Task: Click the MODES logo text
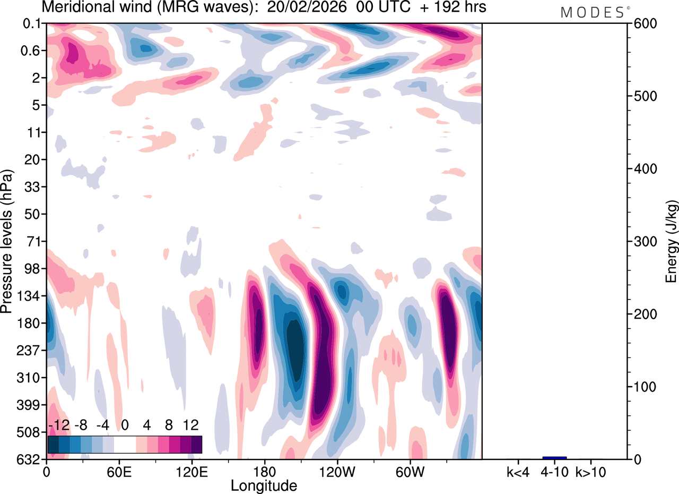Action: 592,13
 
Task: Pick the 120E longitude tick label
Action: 191,471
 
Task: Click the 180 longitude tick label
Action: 264,471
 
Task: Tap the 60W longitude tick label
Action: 410,471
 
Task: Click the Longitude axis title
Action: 264,485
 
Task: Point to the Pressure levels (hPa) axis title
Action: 7,242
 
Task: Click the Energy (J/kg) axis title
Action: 671,242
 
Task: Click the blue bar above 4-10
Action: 554,457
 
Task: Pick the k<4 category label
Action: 517,471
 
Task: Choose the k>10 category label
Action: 591,471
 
